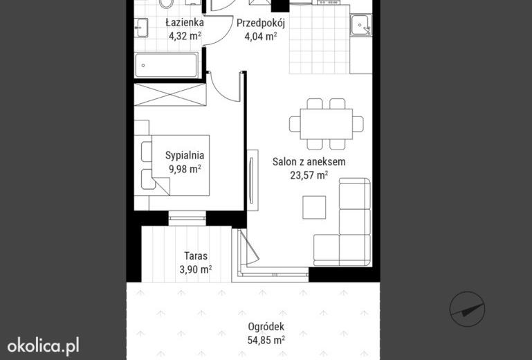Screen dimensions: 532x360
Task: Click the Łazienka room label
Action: click(185, 23)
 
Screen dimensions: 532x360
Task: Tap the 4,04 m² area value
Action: click(261, 36)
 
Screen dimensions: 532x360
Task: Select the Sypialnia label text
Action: click(185, 155)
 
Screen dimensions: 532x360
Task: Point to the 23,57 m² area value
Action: click(309, 175)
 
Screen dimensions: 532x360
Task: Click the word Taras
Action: click(196, 255)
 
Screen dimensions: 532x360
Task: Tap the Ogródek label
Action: click(266, 327)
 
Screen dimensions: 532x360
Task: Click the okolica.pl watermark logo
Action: click(43, 345)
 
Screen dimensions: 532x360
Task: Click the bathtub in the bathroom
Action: click(166, 65)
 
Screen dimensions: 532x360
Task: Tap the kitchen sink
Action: click(361, 25)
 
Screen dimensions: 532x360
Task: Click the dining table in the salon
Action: click(327, 124)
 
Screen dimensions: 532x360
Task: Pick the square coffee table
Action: click(314, 207)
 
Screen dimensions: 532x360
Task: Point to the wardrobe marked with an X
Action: click(170, 95)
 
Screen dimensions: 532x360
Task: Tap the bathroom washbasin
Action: click(141, 28)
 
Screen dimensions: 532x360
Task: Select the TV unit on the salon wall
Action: click(252, 180)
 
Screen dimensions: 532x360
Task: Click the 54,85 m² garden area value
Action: click(266, 340)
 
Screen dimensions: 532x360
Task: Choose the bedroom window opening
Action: click(187, 218)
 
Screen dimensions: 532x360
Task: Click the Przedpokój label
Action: click(261, 23)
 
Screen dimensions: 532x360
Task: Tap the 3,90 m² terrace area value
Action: click(196, 269)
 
